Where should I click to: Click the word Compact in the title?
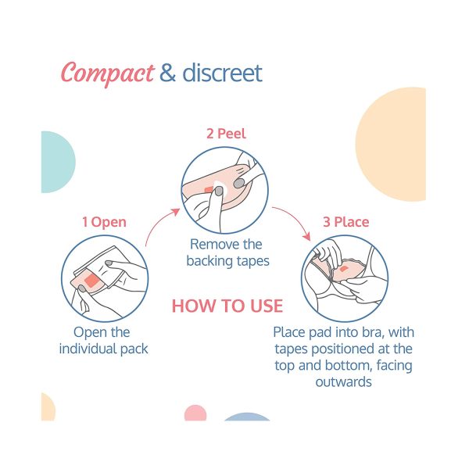[x=108, y=73]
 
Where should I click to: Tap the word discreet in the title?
[x=222, y=73]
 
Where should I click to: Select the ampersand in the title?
[x=167, y=73]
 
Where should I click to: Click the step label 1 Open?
[x=104, y=222]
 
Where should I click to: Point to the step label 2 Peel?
[x=226, y=134]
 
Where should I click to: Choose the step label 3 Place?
[x=346, y=222]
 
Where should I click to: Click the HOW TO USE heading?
[x=227, y=306]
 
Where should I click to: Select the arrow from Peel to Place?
[x=295, y=219]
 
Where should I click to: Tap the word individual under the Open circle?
[x=88, y=349]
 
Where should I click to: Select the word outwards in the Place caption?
[x=344, y=382]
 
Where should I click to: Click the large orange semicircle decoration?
[x=391, y=144]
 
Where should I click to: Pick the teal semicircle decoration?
[x=59, y=162]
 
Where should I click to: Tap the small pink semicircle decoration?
[x=195, y=414]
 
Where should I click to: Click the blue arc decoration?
[x=247, y=417]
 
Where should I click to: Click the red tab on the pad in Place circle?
[x=344, y=269]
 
